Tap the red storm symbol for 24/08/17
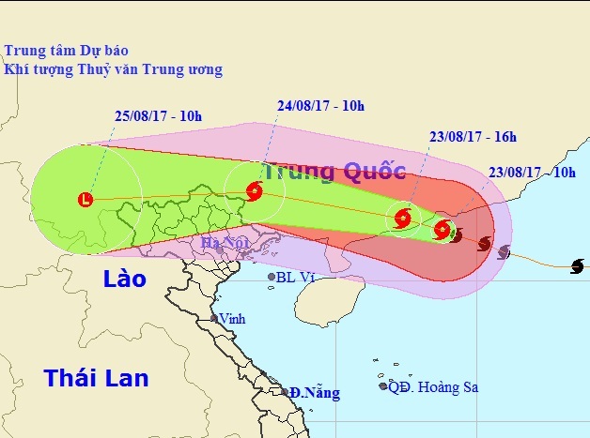254,192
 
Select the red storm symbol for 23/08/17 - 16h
402,219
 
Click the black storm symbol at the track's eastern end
577,266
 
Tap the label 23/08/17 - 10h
533,173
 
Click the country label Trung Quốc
334,172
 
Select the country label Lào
124,279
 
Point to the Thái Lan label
96,378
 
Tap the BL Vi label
294,277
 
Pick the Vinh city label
232,319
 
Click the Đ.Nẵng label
314,392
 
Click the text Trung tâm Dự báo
66,50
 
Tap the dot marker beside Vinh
215,320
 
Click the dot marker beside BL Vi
272,278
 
